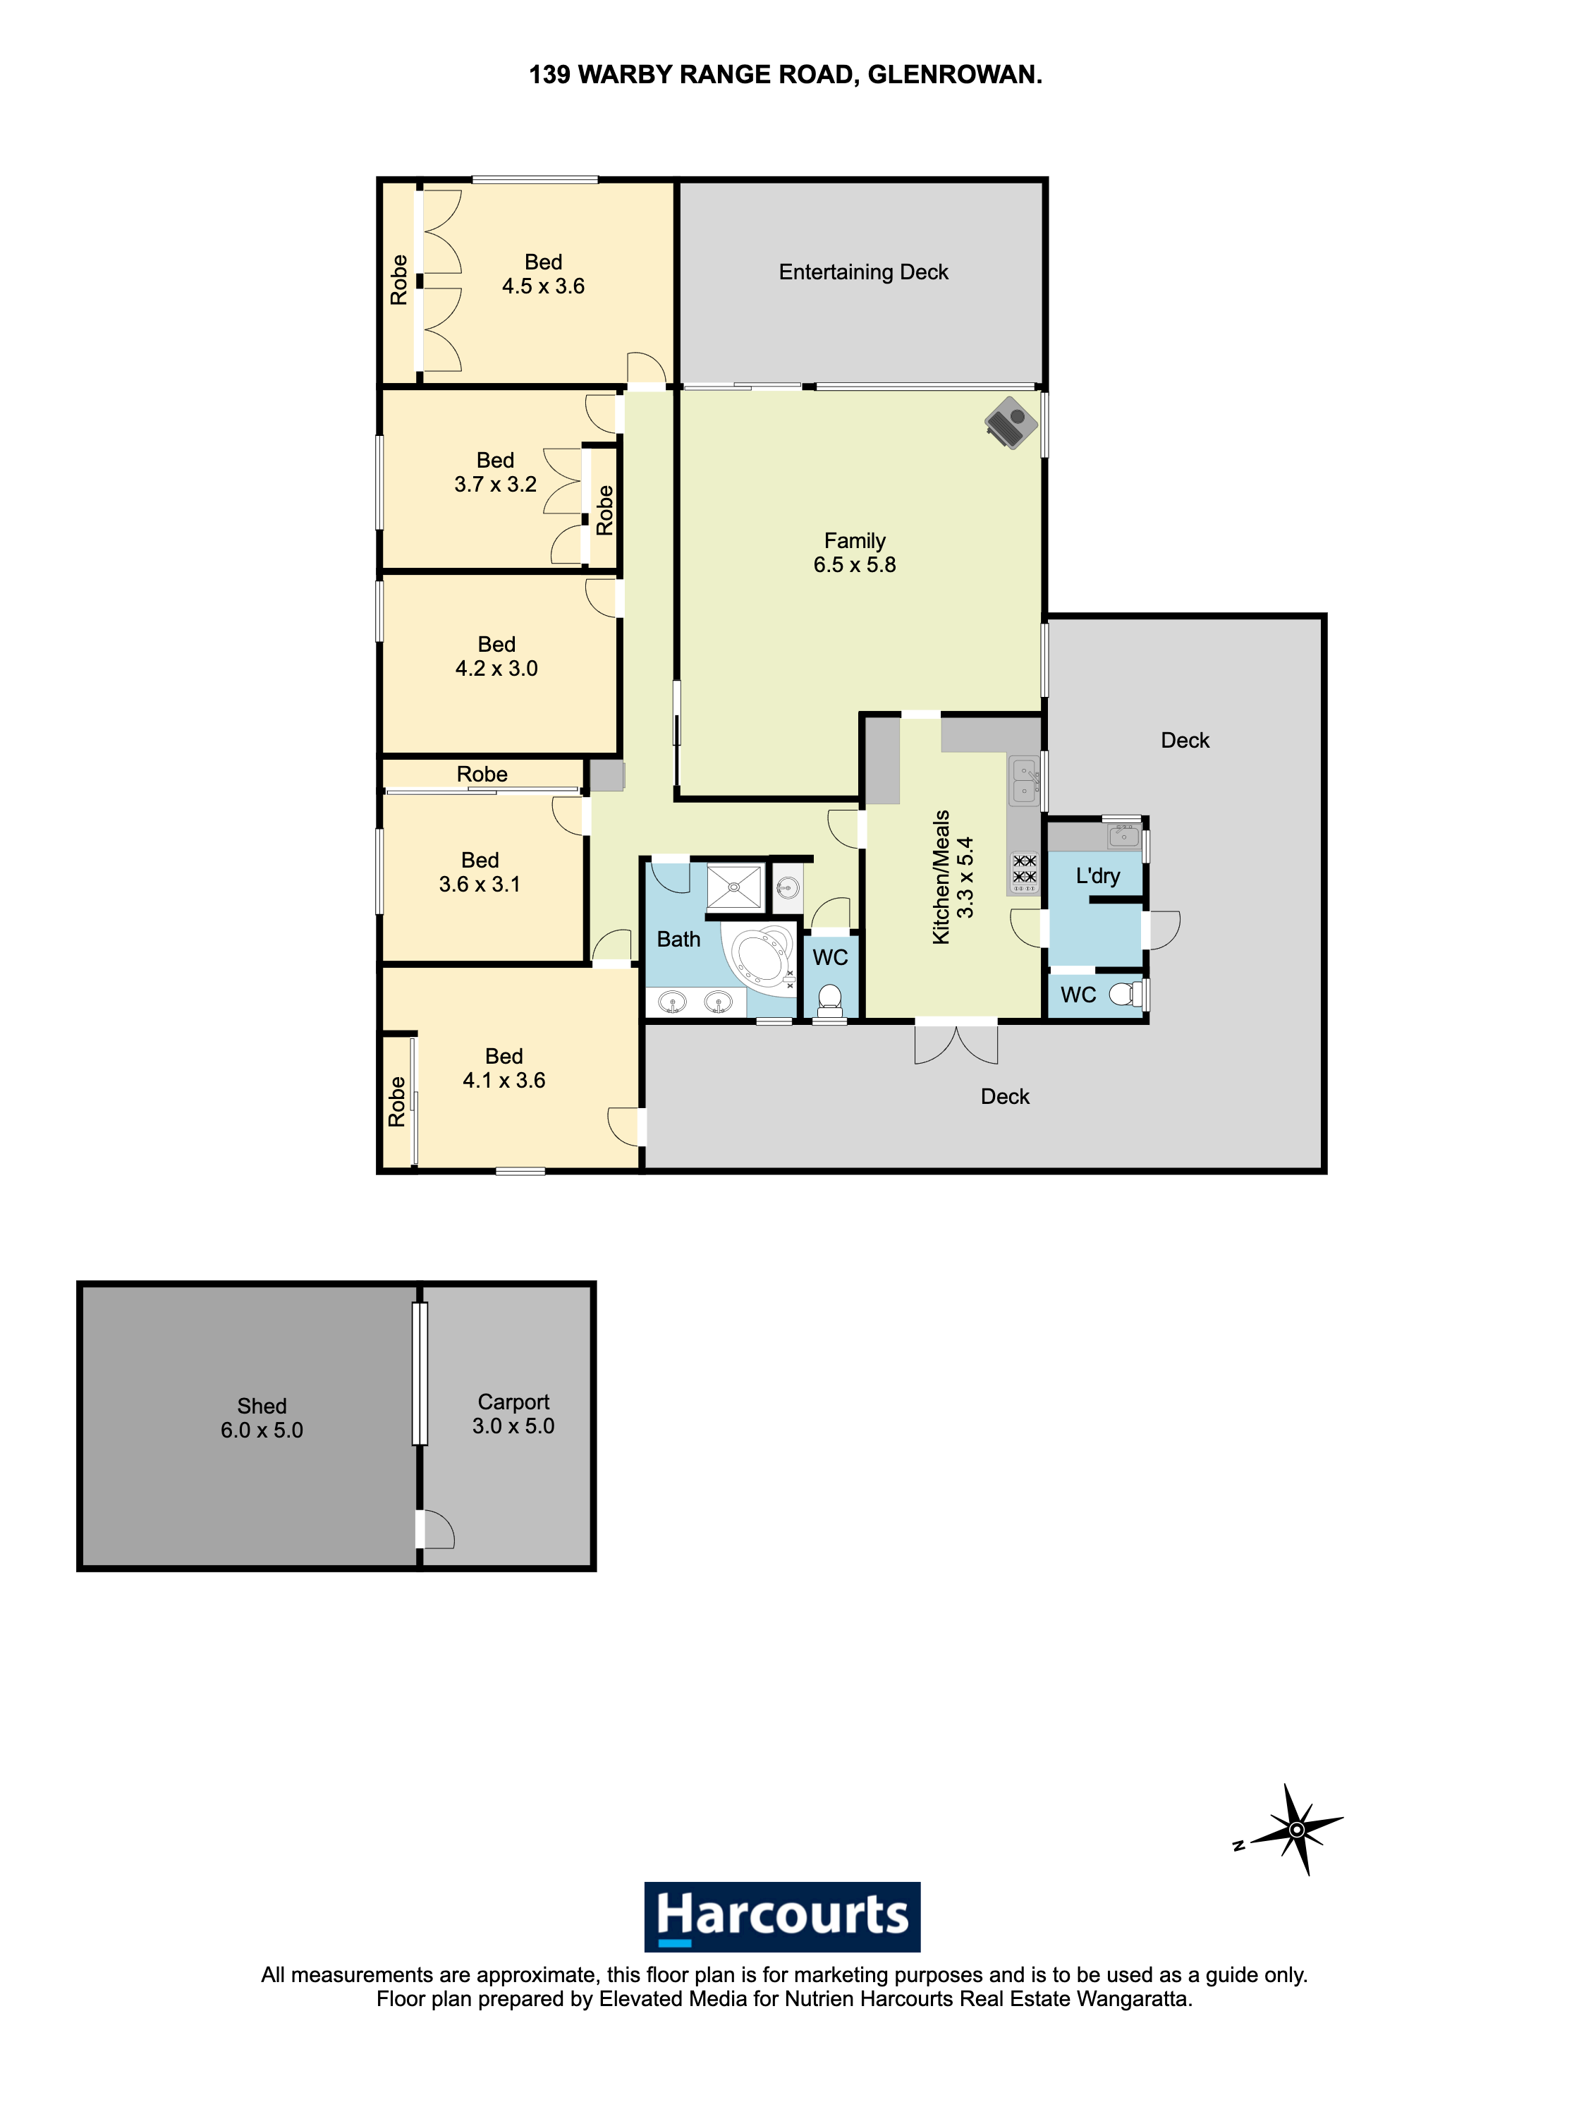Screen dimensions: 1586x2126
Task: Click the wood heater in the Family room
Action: point(1011,423)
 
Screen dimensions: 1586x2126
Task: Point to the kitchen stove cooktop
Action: point(1025,871)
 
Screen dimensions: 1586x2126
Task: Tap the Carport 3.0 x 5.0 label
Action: point(513,1414)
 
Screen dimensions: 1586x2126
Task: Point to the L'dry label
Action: point(1097,876)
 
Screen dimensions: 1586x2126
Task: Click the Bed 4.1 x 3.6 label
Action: point(504,1068)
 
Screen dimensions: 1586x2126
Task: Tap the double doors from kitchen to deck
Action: point(956,1043)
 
